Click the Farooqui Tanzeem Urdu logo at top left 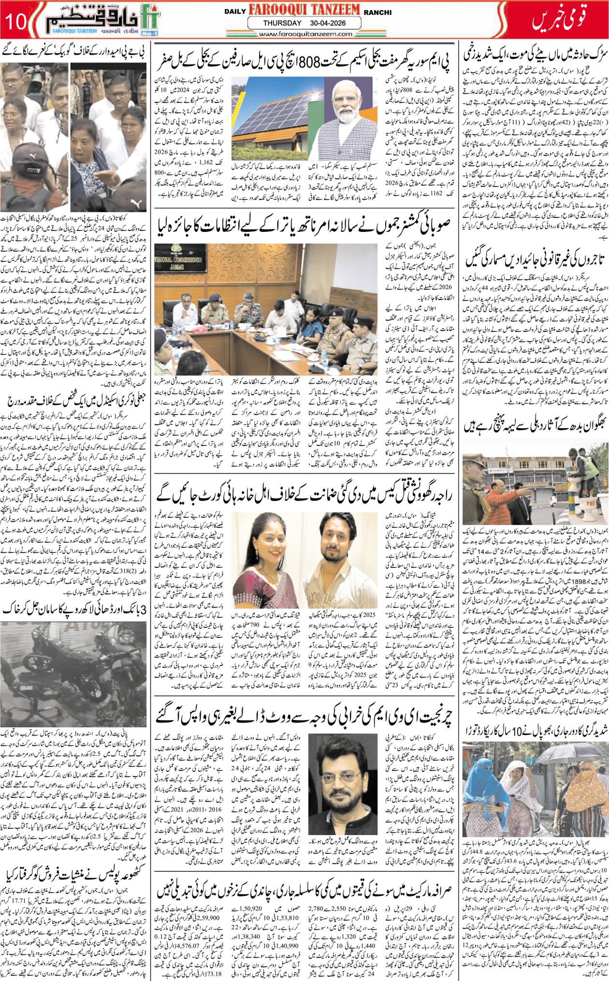coord(101,20)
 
